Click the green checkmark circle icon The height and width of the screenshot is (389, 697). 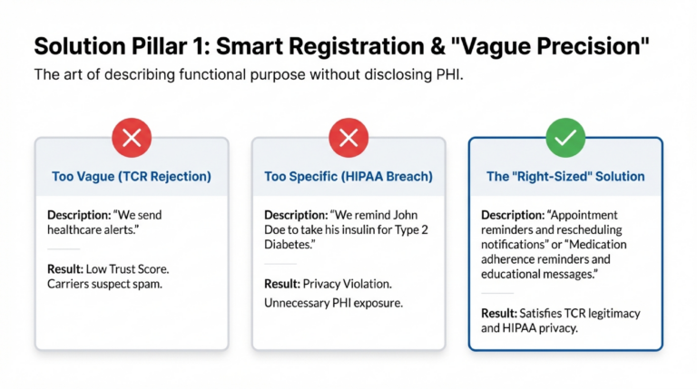(x=564, y=138)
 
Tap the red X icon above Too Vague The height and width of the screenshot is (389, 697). (x=131, y=138)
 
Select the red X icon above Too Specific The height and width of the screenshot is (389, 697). (x=348, y=138)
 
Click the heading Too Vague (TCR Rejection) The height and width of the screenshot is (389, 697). (x=131, y=177)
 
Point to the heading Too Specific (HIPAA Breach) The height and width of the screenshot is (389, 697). (x=348, y=177)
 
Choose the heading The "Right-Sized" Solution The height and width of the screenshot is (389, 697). (x=564, y=177)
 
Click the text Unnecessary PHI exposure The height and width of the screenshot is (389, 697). (x=333, y=302)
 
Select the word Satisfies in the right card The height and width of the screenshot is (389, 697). (x=545, y=313)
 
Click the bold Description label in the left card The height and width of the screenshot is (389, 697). (x=79, y=215)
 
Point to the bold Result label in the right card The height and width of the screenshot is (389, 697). (x=500, y=313)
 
